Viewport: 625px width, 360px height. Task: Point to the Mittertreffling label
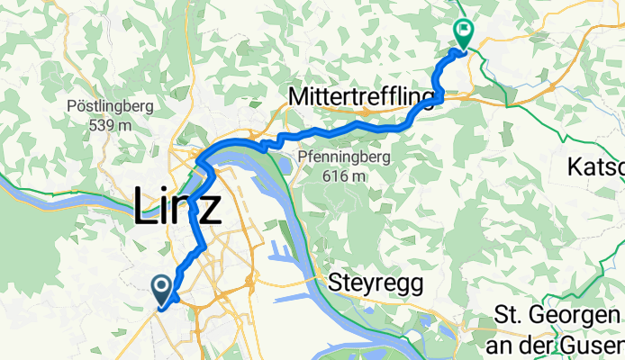[363, 96]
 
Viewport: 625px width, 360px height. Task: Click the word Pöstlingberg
[111, 106]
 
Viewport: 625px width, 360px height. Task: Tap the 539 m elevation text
[111, 125]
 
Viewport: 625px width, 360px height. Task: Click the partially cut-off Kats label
[596, 167]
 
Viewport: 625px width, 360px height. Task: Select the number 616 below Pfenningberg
[336, 176]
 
